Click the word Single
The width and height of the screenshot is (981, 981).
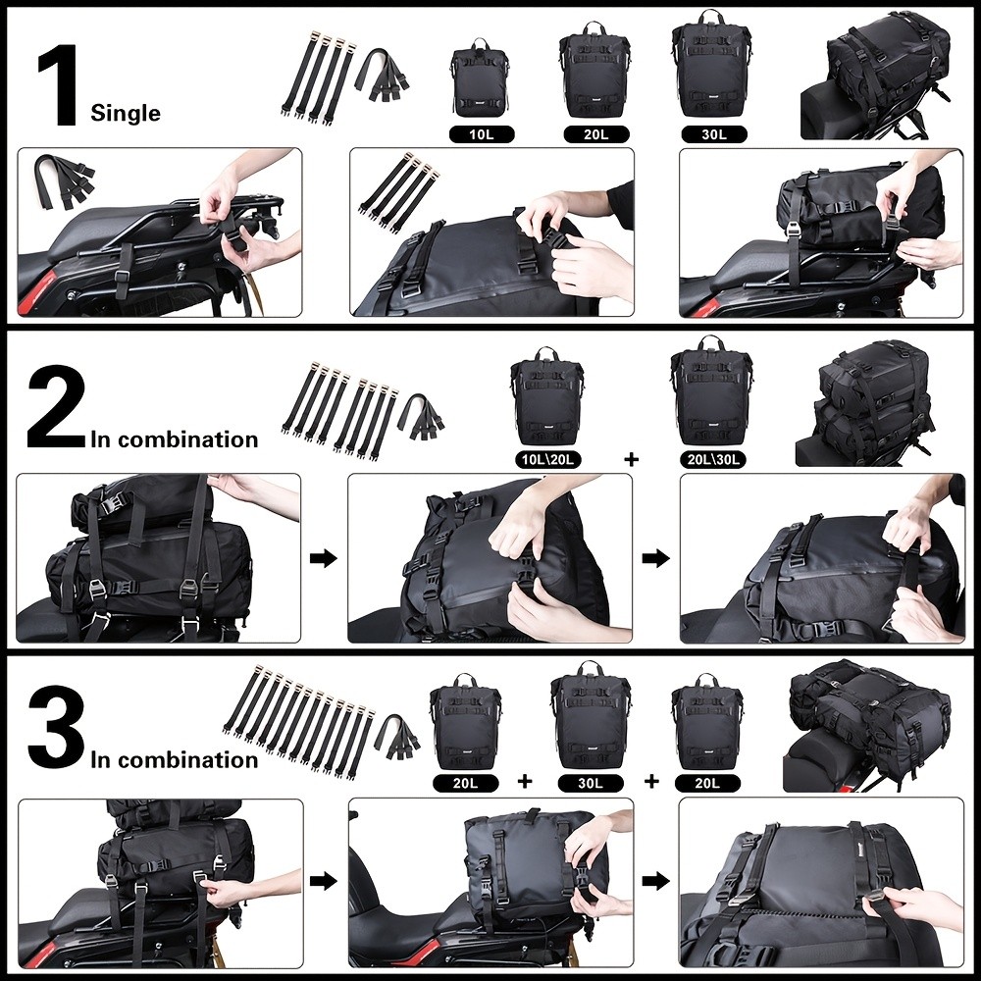125,114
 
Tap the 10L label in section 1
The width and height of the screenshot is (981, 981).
481,133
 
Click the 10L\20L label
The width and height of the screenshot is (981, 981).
546,458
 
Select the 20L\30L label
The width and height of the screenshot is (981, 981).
711,458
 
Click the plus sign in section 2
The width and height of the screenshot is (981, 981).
630,458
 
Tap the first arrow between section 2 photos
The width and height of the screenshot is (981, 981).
324,558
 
